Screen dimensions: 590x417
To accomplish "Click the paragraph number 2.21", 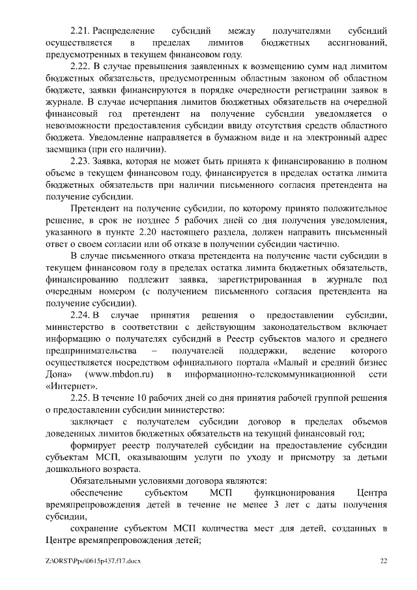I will (80, 31).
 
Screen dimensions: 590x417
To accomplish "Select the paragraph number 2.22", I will (81, 66).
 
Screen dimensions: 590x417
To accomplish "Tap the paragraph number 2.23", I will (81, 161).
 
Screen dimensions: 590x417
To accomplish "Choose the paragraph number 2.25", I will (81, 398).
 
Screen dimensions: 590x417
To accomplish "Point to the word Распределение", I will (124, 31).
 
